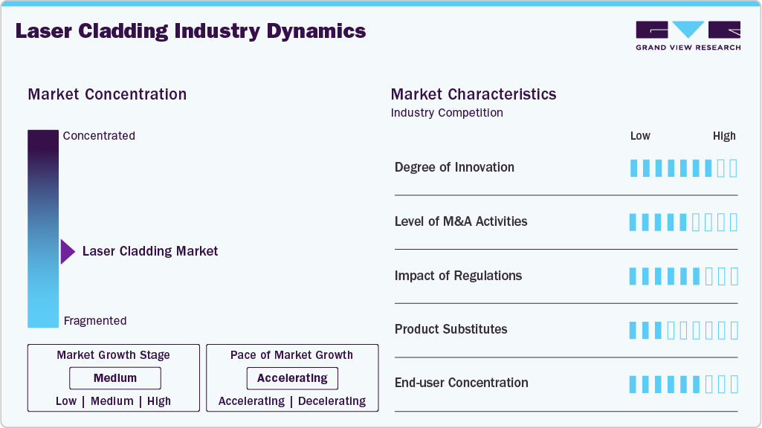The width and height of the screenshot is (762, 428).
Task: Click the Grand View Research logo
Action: [x=688, y=35]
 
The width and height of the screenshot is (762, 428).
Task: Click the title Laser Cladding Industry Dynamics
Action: [x=190, y=31]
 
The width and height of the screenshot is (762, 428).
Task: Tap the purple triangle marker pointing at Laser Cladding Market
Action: [x=68, y=252]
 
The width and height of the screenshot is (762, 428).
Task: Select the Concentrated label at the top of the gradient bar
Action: [x=99, y=136]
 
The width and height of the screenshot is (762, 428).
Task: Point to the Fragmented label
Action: [x=95, y=321]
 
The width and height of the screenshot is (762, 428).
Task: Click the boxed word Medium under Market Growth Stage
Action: [x=114, y=378]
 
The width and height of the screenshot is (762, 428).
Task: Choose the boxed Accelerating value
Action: [x=292, y=378]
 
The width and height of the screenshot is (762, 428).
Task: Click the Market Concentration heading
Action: [x=107, y=94]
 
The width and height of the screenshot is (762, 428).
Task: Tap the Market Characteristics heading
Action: [x=474, y=94]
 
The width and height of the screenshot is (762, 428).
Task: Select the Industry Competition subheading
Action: [x=447, y=113]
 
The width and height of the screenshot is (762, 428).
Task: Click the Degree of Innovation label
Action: [x=454, y=167]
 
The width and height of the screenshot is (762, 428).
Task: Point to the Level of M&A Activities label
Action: [x=461, y=221]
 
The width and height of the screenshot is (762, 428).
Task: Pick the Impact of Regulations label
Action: [x=458, y=276]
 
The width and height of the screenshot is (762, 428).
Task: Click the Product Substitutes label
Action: [x=451, y=329]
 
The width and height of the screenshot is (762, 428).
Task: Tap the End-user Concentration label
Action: [x=461, y=383]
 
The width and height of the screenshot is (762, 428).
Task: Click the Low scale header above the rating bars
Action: [x=640, y=136]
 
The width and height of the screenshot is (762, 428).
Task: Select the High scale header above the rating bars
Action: [x=724, y=136]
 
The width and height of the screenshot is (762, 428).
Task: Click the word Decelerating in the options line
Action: [x=331, y=401]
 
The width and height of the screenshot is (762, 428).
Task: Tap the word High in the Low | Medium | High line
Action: [x=159, y=401]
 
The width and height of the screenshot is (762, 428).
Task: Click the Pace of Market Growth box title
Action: [x=291, y=355]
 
